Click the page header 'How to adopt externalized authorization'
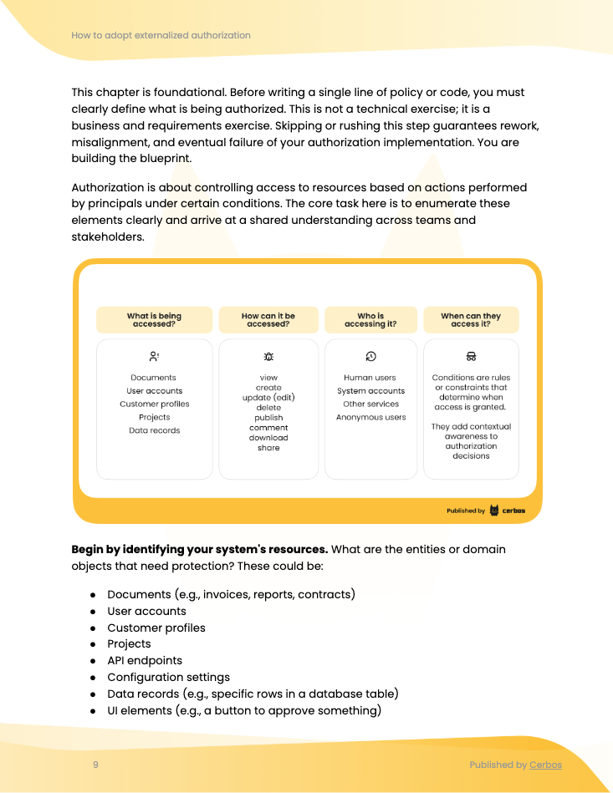pos(161,35)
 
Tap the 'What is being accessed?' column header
pos(154,320)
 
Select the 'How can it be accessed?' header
pos(268,320)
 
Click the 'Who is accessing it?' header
pos(370,320)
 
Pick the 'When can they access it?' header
pos(471,320)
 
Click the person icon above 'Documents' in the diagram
pos(154,356)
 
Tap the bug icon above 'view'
pos(268,356)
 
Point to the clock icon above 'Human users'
pos(370,356)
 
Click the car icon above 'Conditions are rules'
pos(471,356)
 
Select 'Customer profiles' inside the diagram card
pos(154,404)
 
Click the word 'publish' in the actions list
pos(268,418)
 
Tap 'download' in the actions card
pos(268,438)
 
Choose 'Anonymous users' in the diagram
pos(370,418)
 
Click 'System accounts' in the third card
pos(370,391)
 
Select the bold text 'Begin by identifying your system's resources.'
pos(199,550)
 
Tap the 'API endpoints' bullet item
pos(145,661)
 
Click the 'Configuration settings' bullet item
pos(168,678)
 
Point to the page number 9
pos(95,765)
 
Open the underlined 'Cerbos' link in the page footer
pos(545,765)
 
